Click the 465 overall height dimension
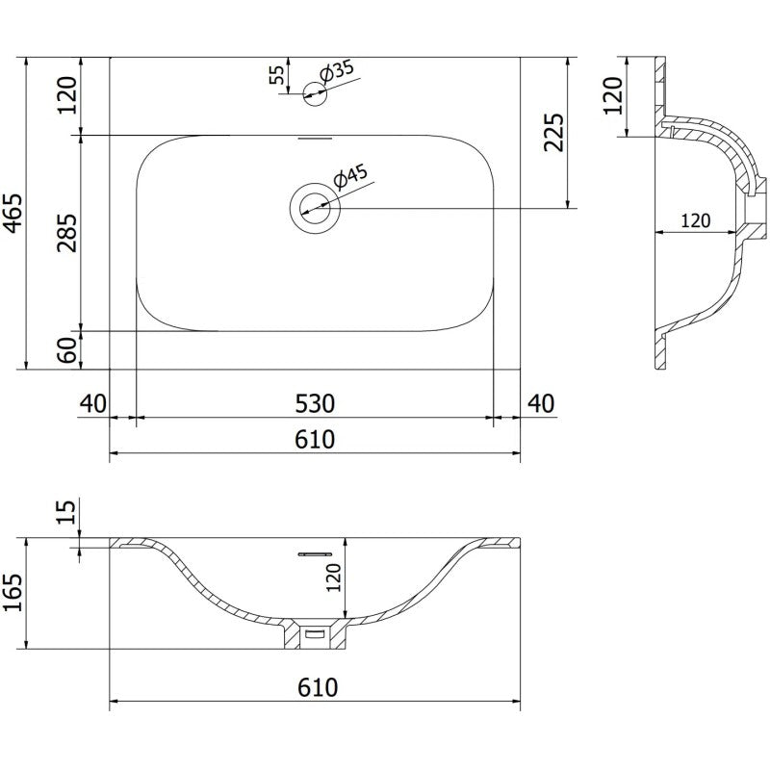point(13,212)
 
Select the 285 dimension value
point(67,231)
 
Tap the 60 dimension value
point(67,350)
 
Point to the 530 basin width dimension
point(315,402)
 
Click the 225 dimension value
point(554,132)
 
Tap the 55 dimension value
point(277,76)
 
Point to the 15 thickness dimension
point(67,513)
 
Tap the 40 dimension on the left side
point(93,402)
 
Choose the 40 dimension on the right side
point(542,402)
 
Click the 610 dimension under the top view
point(315,439)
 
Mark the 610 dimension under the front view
point(315,687)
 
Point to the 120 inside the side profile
point(695,220)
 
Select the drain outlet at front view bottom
point(315,635)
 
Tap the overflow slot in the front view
point(315,555)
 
